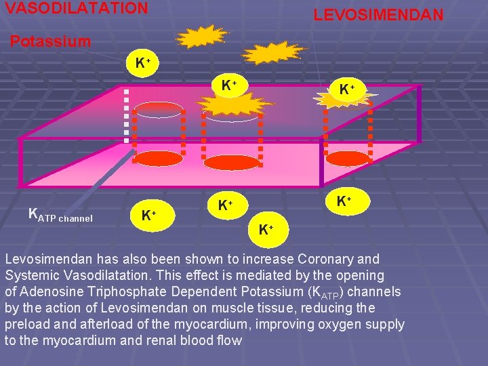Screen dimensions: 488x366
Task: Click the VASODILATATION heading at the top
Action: pos(76,8)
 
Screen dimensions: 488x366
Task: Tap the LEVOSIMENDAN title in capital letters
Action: pos(378,14)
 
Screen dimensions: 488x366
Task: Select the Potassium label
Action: pos(50,41)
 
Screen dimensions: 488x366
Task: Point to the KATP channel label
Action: pos(60,216)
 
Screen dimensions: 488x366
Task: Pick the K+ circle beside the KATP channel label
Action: pos(148,216)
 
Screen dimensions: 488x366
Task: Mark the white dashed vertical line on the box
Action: pos(126,115)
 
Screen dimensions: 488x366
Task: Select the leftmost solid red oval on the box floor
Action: pos(157,159)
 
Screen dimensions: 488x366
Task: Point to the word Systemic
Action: pos(33,275)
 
